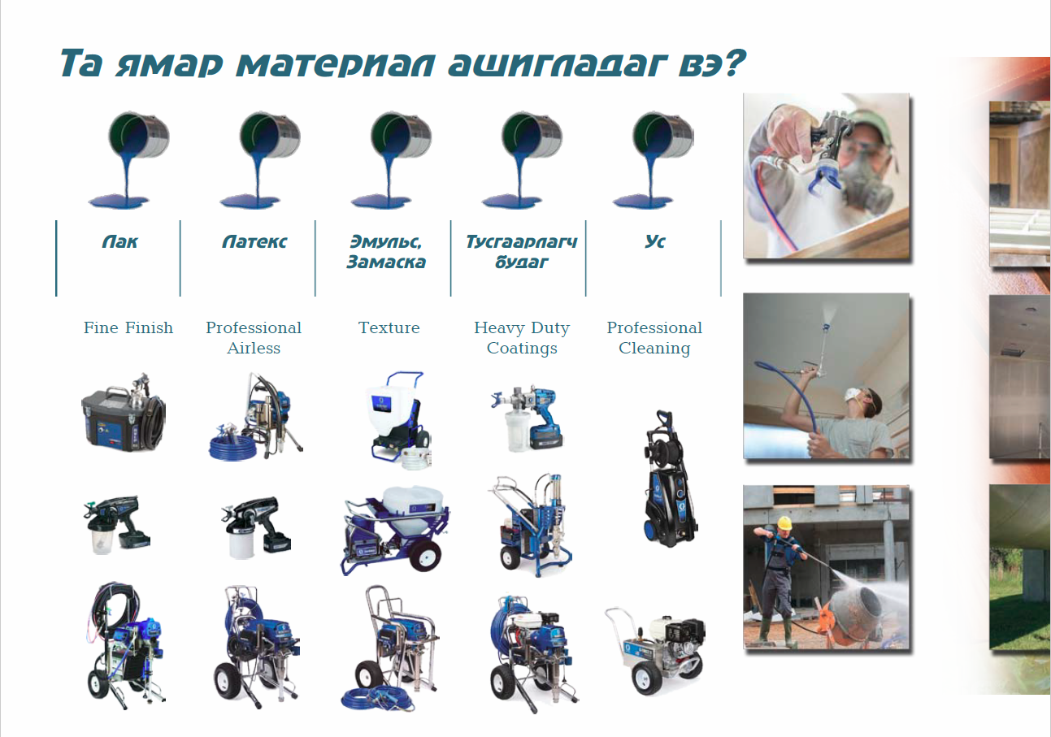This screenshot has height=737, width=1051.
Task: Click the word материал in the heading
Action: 336,64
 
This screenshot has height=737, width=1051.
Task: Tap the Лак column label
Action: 119,241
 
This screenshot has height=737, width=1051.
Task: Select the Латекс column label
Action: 254,241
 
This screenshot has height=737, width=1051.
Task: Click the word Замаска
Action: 385,262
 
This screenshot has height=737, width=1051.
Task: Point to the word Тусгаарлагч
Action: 521,241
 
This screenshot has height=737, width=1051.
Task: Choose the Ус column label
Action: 654,241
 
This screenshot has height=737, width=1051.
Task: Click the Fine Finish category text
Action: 128,327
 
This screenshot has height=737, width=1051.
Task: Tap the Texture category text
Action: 389,327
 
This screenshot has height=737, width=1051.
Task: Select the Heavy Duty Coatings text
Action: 522,338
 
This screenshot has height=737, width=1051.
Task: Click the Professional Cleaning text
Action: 654,338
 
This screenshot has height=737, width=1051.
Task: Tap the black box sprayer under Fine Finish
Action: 123,413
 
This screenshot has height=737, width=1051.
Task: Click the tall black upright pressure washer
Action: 670,478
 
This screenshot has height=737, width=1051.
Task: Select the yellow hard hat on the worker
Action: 784,522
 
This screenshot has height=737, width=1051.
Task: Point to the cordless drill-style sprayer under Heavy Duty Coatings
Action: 527,418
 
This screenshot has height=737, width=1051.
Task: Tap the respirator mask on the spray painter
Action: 866,188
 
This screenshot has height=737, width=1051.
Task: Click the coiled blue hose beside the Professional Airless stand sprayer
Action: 232,448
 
